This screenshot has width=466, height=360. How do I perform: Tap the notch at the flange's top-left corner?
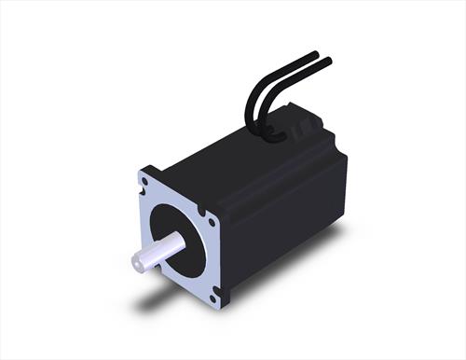tap(141, 174)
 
